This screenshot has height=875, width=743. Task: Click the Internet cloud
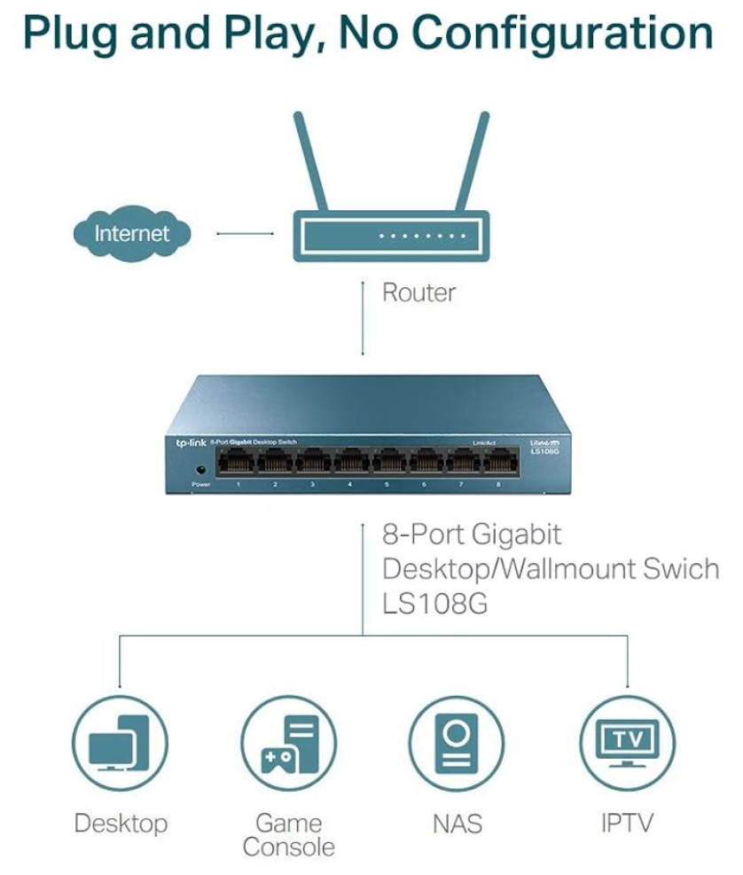(x=132, y=234)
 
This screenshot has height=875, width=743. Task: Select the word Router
(x=418, y=293)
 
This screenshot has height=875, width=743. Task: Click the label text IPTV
(x=627, y=823)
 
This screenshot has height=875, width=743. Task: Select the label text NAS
(x=458, y=824)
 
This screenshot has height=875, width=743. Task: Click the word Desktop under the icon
(x=121, y=824)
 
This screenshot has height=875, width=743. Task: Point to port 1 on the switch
(x=238, y=462)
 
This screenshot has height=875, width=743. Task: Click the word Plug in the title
(x=71, y=34)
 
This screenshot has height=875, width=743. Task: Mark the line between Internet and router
(x=245, y=234)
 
